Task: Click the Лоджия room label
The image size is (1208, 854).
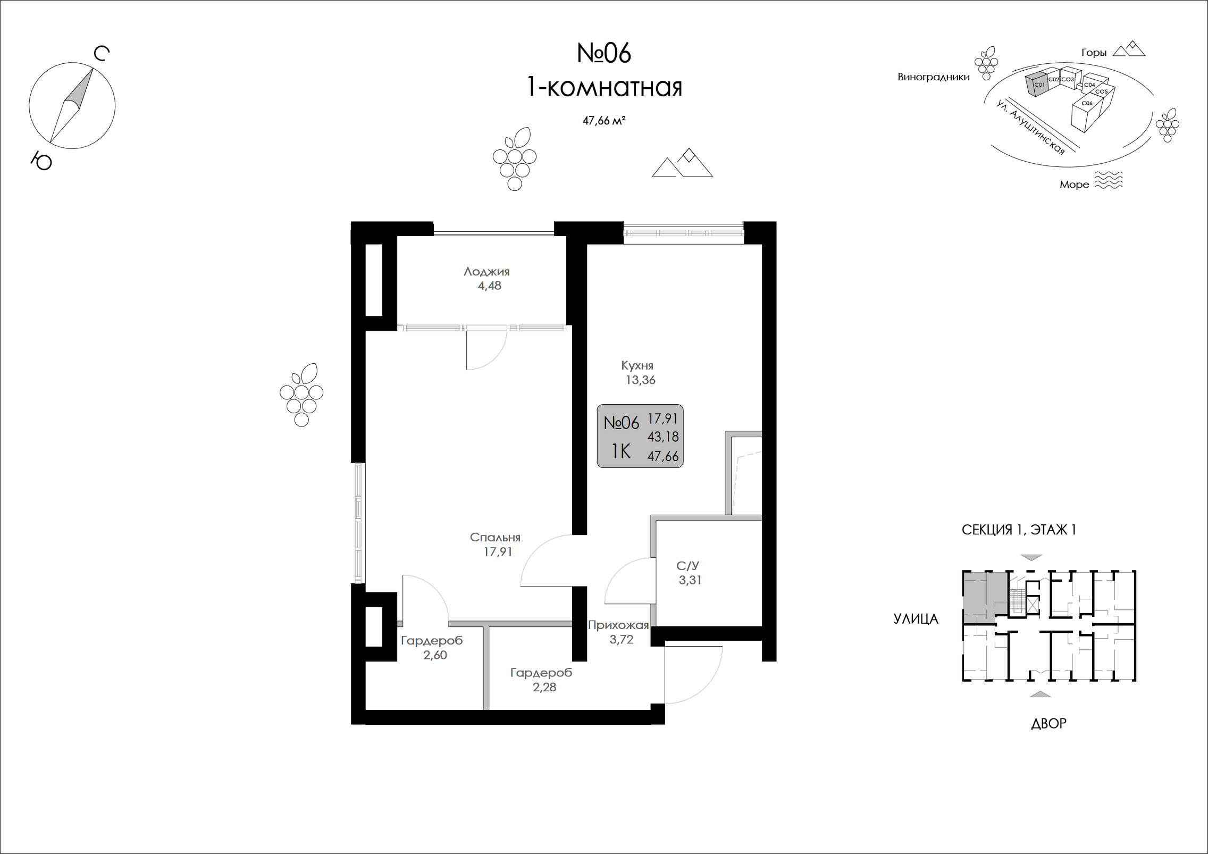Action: [x=486, y=271]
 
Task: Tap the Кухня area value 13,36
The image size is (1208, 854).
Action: [x=641, y=380]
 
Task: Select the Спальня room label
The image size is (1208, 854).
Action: [x=495, y=537]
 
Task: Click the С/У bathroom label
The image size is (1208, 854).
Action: [x=688, y=565]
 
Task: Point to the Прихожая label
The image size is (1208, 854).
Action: [x=618, y=625]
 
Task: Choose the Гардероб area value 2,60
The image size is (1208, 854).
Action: [x=435, y=655]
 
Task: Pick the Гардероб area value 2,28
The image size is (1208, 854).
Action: [x=544, y=687]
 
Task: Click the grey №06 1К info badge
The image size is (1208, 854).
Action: [x=640, y=436]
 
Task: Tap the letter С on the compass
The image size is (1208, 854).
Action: [x=102, y=54]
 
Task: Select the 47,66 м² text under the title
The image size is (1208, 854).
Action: [x=603, y=121]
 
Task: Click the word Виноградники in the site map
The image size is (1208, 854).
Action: [x=934, y=77]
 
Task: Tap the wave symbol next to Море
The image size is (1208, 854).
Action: [x=1109, y=180]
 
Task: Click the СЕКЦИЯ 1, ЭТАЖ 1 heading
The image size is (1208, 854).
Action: [x=1019, y=530]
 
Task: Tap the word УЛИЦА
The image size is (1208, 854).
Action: [x=916, y=618]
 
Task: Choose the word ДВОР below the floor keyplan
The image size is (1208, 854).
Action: [x=1048, y=723]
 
